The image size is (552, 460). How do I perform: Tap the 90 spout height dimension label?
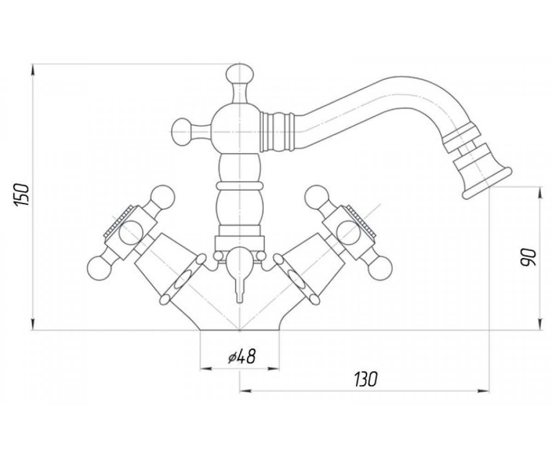pos(529,258)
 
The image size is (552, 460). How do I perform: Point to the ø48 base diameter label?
pos(241,356)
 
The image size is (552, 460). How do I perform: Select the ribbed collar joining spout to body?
pos(277,132)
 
